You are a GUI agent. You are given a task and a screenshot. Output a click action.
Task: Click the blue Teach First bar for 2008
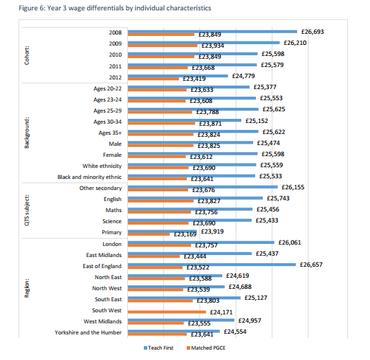[212, 32]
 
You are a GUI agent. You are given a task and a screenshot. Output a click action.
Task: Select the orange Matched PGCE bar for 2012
[153, 79]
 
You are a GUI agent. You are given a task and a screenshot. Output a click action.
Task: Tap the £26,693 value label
[313, 32]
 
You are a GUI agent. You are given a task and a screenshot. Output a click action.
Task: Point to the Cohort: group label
[27, 55]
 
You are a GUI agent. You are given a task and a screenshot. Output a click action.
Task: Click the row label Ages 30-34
[107, 122]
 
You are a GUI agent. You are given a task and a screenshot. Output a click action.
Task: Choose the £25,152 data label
[257, 121]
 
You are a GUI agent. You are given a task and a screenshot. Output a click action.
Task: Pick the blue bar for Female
[192, 153]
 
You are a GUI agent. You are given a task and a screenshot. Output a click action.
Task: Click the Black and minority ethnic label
[89, 177]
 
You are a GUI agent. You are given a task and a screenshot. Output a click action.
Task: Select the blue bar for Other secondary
[203, 187]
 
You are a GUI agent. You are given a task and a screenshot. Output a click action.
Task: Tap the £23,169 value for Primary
[185, 234]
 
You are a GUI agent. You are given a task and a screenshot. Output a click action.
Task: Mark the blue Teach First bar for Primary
[163, 231]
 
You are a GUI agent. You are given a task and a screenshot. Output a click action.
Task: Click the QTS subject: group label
[27, 210]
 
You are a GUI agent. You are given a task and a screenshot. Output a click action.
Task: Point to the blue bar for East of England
[212, 265]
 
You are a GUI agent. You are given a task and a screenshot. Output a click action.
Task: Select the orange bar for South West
[167, 312]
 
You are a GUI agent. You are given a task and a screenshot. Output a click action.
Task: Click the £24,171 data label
[221, 312]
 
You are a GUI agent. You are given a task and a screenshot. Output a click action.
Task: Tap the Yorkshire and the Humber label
[88, 332]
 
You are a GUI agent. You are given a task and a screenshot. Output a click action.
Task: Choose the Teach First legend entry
[158, 348]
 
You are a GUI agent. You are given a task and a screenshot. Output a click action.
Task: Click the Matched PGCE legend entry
[206, 348]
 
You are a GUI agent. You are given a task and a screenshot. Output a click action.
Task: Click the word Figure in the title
[28, 8]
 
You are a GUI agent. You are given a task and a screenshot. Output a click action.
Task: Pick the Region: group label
[27, 288]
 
